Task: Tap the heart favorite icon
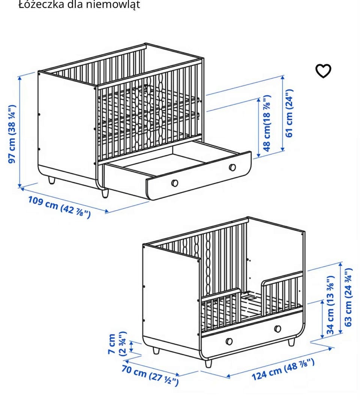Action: [x=323, y=71]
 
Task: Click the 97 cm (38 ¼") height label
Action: [x=13, y=133]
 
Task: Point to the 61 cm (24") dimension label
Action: [x=289, y=113]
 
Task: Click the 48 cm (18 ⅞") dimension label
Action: [x=267, y=123]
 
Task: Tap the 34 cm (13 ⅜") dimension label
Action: [x=330, y=306]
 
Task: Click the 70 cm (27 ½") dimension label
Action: [x=150, y=375]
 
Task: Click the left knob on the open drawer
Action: [x=174, y=183]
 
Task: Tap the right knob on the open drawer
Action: [x=232, y=167]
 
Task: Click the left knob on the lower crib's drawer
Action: [x=229, y=341]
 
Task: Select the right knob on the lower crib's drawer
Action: [x=277, y=328]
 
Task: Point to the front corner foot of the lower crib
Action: [x=208, y=363]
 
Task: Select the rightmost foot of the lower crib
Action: [x=291, y=343]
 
